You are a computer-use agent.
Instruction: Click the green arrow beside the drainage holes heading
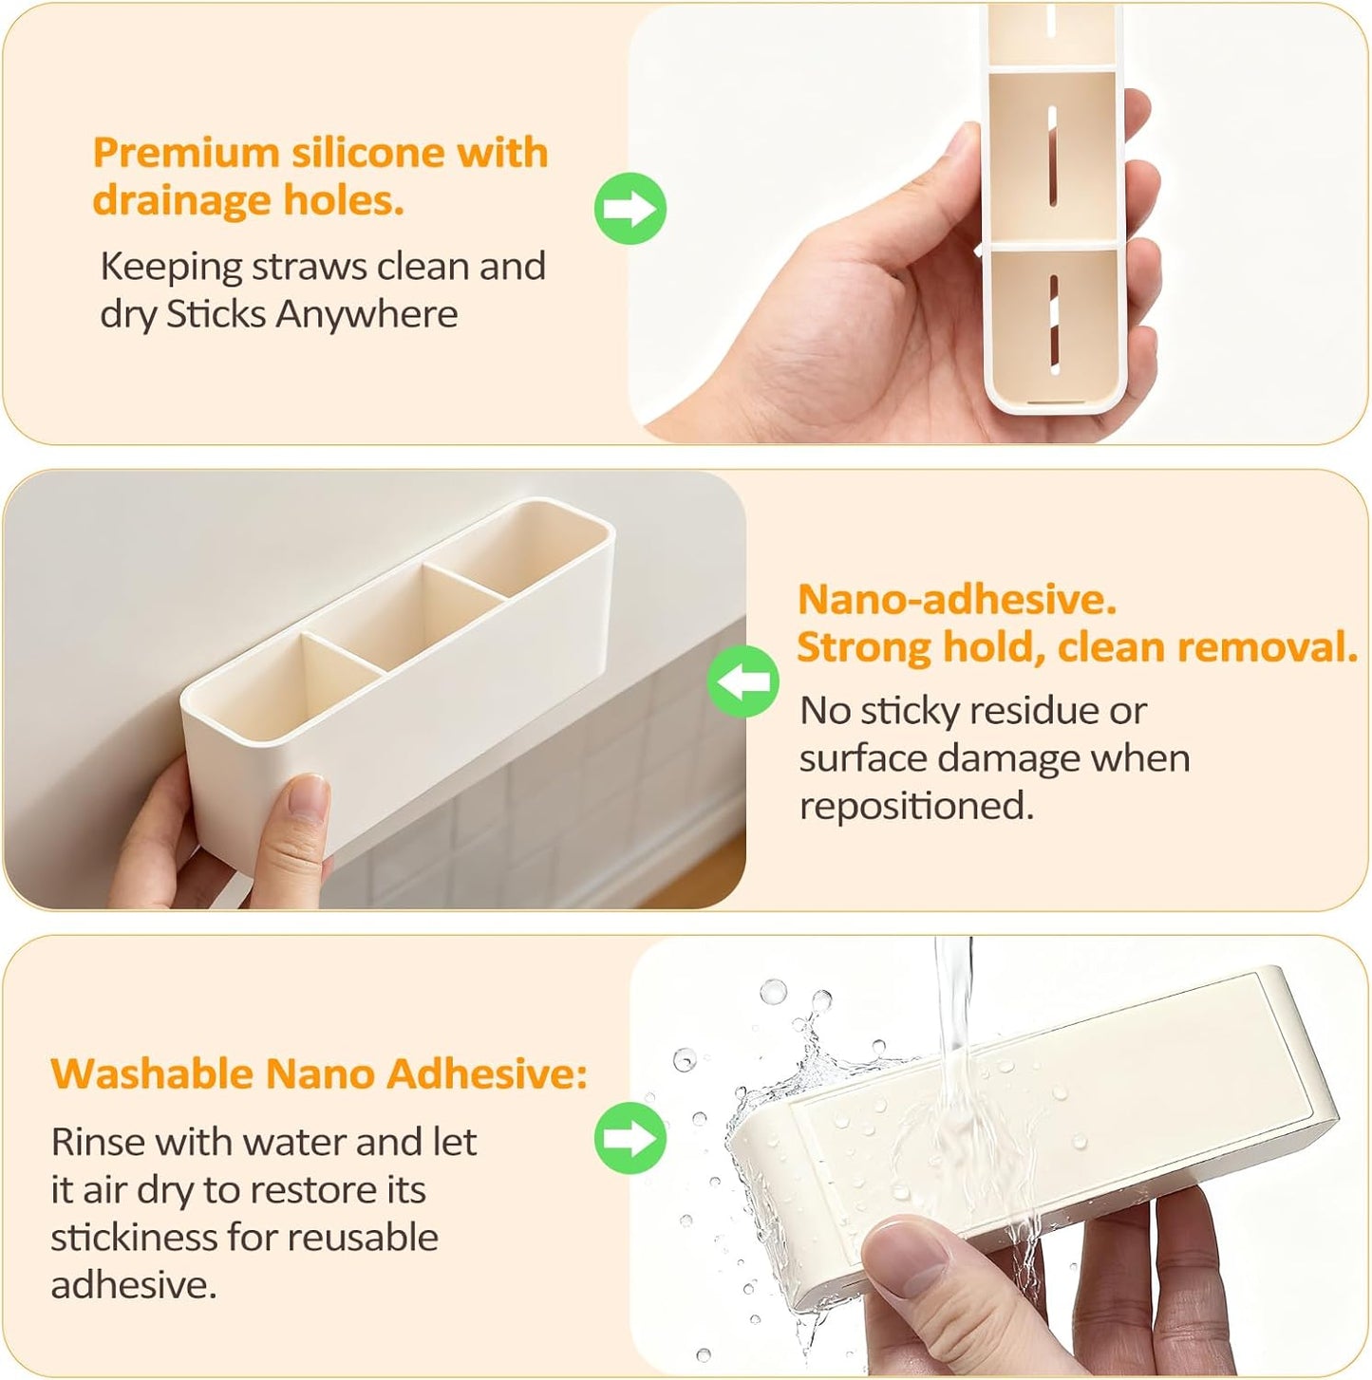[x=630, y=209]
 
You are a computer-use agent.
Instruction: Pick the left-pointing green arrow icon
[x=743, y=681]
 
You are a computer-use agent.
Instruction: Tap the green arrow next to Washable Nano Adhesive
[x=630, y=1137]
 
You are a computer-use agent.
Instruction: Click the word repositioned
[x=915, y=806]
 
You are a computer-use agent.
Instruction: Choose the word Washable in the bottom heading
[x=152, y=1073]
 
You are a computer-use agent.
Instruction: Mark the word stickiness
[x=133, y=1238]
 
